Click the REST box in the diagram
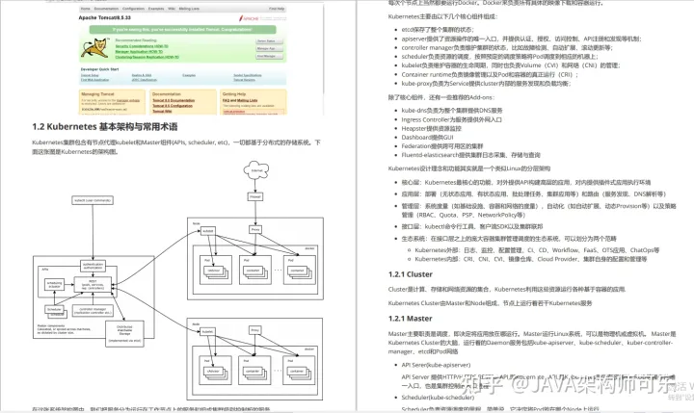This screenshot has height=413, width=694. point(93,285)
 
